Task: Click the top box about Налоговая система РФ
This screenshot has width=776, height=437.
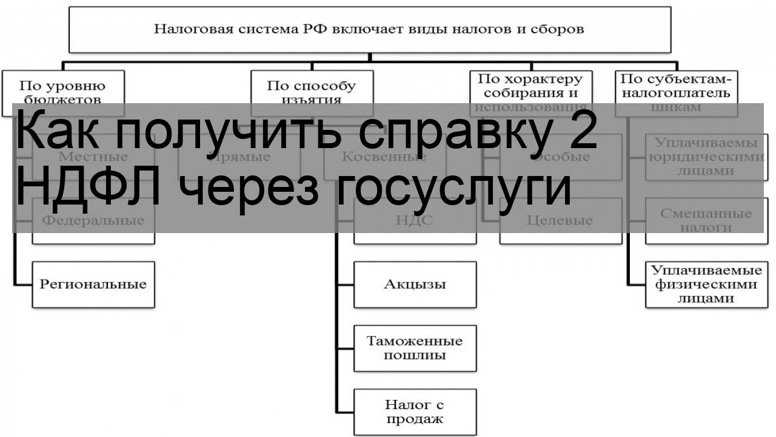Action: coord(369,29)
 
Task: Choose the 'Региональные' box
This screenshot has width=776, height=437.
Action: coord(93,284)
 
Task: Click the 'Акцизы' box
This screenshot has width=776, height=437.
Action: coord(415,284)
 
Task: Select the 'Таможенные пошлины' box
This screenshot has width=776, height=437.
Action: coord(415,348)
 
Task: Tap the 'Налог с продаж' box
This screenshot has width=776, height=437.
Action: coord(415,412)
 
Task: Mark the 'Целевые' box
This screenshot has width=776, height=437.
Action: coord(560,220)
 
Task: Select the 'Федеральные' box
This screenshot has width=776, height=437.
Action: coord(93,220)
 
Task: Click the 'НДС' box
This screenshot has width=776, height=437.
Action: coord(415,220)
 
